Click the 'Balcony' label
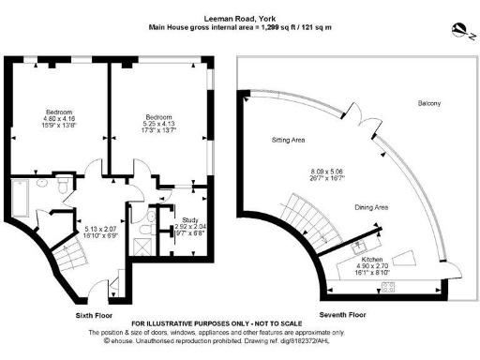pyautogui.click(x=429, y=102)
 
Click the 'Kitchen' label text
pyautogui.click(x=361, y=245)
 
